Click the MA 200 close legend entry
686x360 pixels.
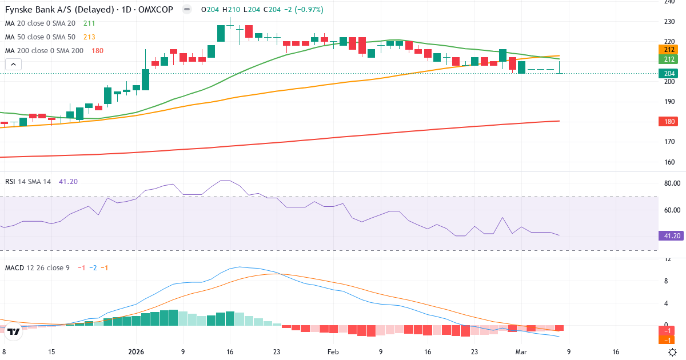(44, 51)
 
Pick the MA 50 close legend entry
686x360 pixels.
(42, 37)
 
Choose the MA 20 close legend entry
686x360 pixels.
(42, 23)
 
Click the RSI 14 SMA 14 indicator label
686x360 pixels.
(28, 181)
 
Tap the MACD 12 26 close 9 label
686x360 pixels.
(37, 267)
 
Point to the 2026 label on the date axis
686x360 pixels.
(136, 352)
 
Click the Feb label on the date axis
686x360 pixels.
(332, 352)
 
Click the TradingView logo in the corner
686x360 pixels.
(14, 331)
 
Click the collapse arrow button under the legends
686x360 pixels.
(13, 64)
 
